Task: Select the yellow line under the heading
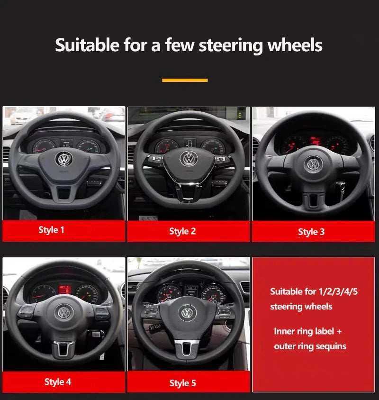tap(185, 80)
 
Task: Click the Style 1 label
tap(51, 230)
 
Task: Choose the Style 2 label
tap(182, 231)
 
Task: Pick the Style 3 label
tap(311, 232)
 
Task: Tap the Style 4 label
tap(58, 382)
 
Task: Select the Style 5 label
tap(182, 383)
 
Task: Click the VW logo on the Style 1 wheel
tap(63, 159)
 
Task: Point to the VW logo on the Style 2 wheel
tap(189, 158)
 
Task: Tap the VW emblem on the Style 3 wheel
tap(313, 164)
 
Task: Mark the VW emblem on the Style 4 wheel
tap(63, 312)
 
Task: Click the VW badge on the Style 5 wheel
tap(188, 312)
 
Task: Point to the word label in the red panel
tap(323, 331)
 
